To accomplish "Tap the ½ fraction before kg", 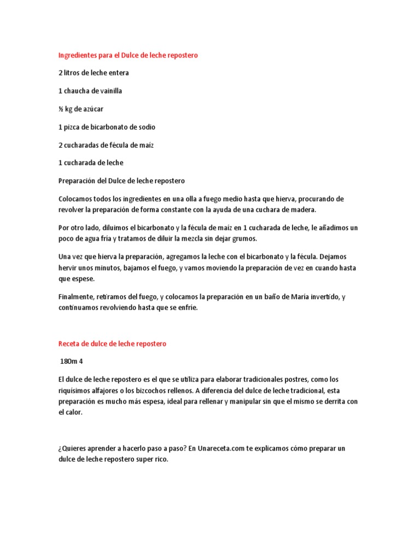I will tap(61, 109).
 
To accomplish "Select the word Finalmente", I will tap(76, 296).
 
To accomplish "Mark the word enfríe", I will tap(186, 307).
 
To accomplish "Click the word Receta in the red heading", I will tap(69, 343).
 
